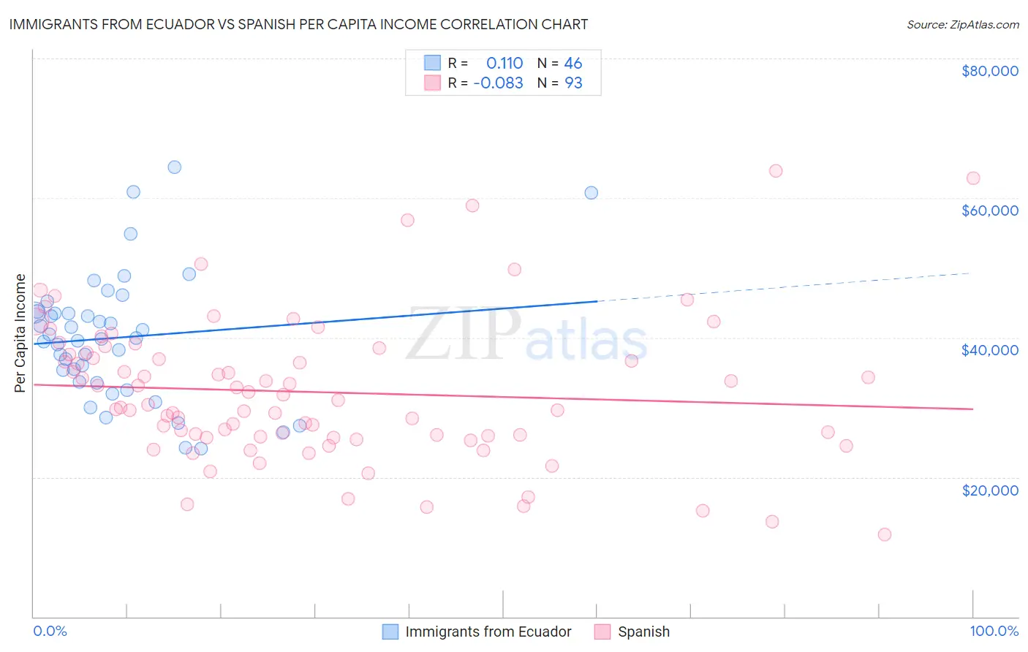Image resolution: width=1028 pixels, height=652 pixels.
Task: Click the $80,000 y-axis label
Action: (989, 71)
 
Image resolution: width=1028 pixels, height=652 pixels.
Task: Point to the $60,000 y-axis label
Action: (989, 211)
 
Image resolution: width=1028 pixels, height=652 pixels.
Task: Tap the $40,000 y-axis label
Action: (989, 350)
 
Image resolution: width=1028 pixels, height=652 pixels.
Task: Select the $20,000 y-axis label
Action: (989, 490)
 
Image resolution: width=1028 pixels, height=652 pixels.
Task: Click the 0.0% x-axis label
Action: (50, 631)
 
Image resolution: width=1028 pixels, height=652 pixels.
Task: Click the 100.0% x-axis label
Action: (994, 631)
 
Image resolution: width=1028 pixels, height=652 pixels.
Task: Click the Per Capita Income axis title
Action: (20, 333)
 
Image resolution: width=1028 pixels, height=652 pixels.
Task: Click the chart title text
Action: (298, 24)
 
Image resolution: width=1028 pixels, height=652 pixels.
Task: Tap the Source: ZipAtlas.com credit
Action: (962, 25)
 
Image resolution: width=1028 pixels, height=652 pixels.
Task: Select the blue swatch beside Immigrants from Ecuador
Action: (390, 632)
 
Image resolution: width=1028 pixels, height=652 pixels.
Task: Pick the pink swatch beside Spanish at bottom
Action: (602, 632)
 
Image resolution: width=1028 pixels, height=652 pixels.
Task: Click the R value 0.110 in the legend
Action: (504, 63)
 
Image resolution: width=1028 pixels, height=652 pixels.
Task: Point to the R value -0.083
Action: (498, 83)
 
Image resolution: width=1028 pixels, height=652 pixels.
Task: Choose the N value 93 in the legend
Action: (573, 83)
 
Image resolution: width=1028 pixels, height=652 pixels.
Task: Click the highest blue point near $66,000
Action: (174, 167)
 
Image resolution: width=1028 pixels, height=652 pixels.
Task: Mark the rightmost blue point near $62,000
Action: (591, 193)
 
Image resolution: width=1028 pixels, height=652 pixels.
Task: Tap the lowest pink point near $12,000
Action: (884, 534)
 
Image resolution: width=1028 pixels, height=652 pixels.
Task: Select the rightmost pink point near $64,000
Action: (972, 178)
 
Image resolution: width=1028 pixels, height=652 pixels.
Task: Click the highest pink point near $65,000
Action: (776, 171)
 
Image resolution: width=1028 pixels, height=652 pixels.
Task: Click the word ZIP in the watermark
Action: (464, 334)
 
